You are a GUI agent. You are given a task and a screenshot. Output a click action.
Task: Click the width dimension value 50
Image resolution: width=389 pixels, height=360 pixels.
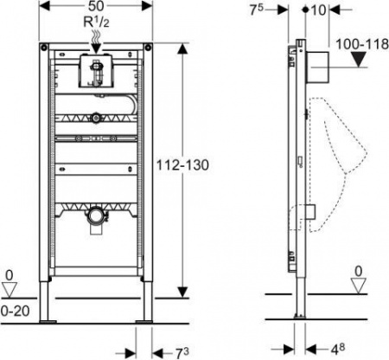(x=97, y=7)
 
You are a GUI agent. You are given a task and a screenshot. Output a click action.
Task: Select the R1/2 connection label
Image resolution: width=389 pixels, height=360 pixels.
(x=97, y=23)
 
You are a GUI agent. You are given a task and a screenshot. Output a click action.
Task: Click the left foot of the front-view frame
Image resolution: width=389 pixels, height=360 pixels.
(x=49, y=320)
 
